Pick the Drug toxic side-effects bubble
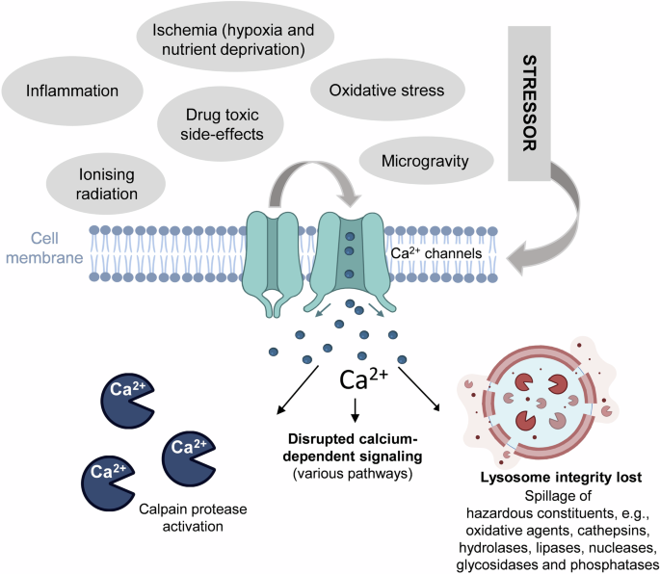click(224, 123)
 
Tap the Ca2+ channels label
click(433, 253)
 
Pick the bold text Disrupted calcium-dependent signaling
click(356, 439)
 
